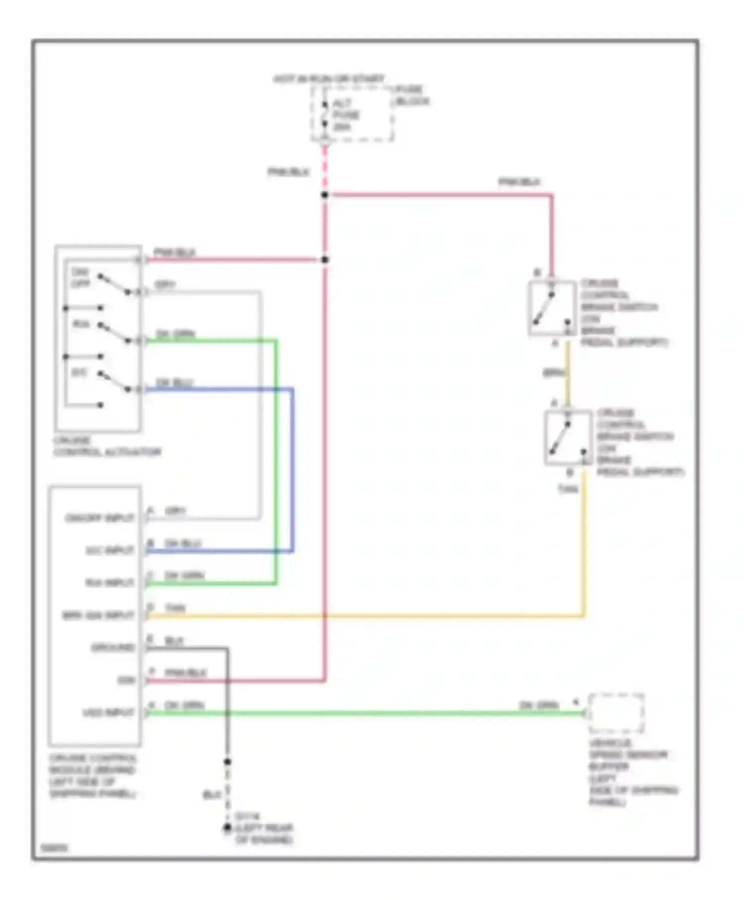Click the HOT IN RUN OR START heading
[329, 79]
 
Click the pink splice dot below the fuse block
[324, 195]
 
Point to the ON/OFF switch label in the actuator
[80, 278]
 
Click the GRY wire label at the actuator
[165, 285]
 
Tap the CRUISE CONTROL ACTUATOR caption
[107, 447]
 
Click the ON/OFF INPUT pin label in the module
[100, 518]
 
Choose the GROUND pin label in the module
[113, 647]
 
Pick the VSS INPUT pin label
[108, 713]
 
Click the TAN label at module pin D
[175, 608]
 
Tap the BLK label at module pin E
[174, 641]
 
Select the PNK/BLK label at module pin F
[186, 673]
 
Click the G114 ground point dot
[227, 828]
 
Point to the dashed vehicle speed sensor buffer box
[616, 713]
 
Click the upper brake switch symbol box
[552, 308]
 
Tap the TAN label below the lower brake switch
[568, 489]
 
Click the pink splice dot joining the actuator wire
[324, 259]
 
